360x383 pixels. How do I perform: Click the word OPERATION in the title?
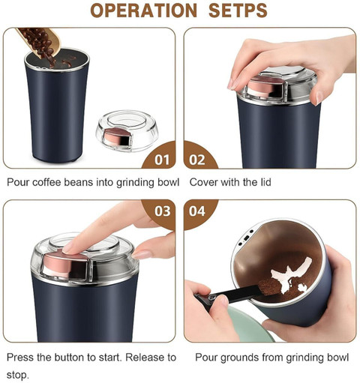click(144, 10)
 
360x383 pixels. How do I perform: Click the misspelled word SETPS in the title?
click(238, 10)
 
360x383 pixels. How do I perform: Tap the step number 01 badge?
click(162, 160)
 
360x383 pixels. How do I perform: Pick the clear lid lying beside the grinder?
click(127, 130)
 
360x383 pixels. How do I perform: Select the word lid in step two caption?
click(265, 182)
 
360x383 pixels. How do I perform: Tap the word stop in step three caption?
click(17, 376)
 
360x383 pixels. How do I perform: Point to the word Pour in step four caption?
click(206, 358)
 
